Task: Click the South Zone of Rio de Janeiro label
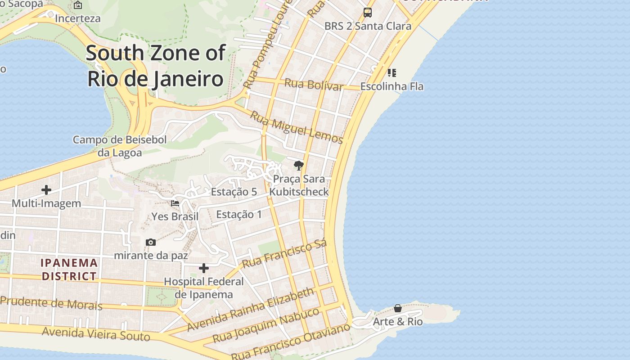click(x=155, y=66)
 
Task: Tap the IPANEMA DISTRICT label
click(x=69, y=269)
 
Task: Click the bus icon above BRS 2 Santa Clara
click(x=368, y=12)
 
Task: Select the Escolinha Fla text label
click(x=391, y=86)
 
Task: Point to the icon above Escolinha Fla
click(x=391, y=72)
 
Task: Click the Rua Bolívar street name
click(x=314, y=84)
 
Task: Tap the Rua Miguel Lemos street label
click(x=296, y=127)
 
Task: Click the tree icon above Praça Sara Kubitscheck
click(x=298, y=166)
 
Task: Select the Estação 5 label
click(x=234, y=192)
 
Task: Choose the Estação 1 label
click(x=238, y=214)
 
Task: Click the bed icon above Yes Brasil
click(x=175, y=203)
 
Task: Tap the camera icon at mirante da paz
click(x=151, y=243)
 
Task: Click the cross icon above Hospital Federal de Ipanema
click(x=204, y=269)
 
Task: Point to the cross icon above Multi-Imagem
click(x=46, y=190)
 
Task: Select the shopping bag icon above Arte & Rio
click(x=398, y=308)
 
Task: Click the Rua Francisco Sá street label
click(x=284, y=254)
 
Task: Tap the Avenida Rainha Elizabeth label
click(x=250, y=310)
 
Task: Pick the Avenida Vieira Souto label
click(x=96, y=334)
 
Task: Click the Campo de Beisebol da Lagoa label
click(x=120, y=146)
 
